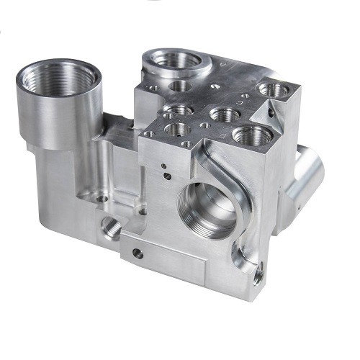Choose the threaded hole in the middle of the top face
click(x=224, y=113)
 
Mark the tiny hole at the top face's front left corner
click(x=150, y=133)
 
